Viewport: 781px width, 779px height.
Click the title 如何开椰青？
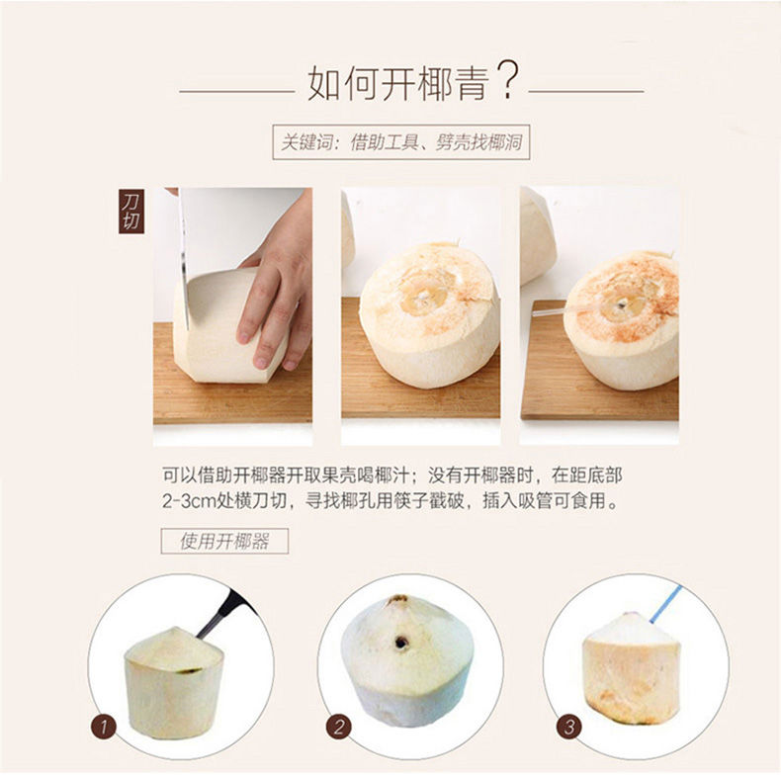click(x=413, y=82)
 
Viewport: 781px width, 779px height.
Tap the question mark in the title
click(x=508, y=81)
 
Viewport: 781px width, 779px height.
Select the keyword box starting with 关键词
click(x=401, y=142)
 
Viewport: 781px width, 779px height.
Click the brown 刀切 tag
click(x=131, y=212)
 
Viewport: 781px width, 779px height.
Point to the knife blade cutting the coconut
click(x=184, y=259)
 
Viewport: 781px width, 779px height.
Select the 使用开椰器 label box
click(x=224, y=541)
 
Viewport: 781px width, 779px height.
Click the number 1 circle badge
click(x=104, y=728)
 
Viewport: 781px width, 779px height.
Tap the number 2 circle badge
click(x=339, y=728)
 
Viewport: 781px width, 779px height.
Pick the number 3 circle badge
click(x=568, y=728)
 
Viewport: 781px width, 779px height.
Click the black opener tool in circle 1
click(x=225, y=614)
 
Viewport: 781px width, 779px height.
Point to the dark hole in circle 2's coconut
click(x=401, y=643)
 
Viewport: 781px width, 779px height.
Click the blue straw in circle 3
click(x=666, y=604)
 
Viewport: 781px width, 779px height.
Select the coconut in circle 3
click(x=631, y=668)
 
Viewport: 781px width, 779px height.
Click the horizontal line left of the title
click(x=237, y=92)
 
